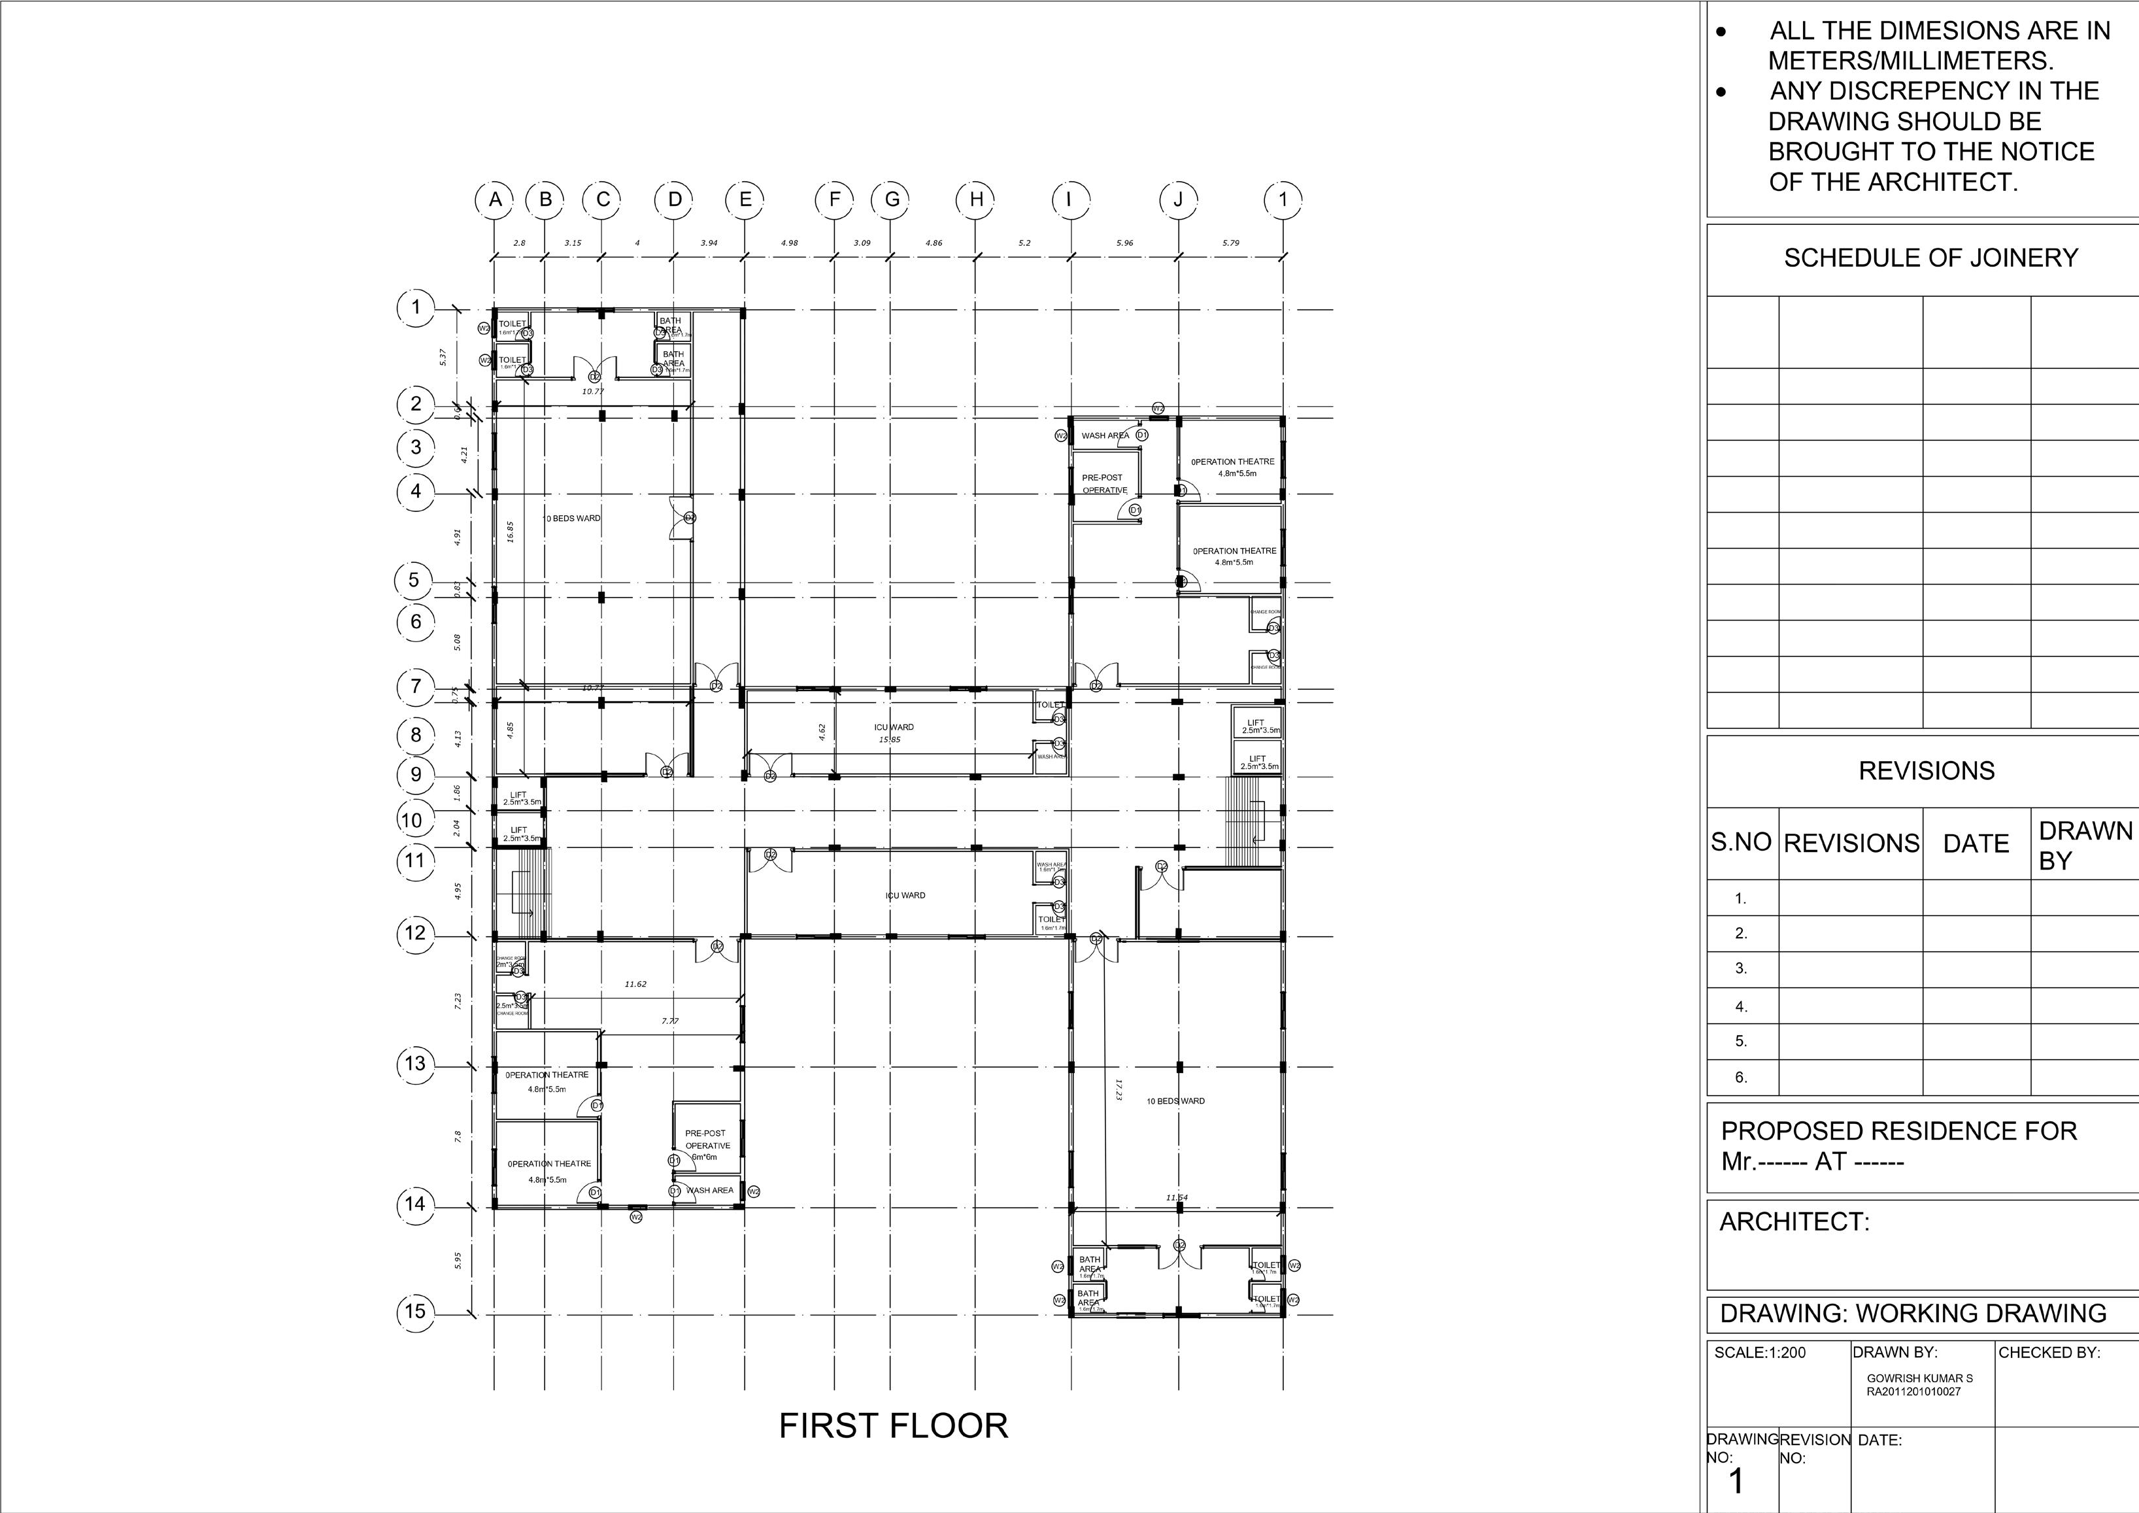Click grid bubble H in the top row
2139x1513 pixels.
pyautogui.click(x=976, y=199)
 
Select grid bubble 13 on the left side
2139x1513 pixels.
pyautogui.click(x=416, y=1063)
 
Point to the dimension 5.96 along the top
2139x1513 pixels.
pyautogui.click(x=1124, y=243)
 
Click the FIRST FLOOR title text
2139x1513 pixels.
pyautogui.click(x=892, y=1425)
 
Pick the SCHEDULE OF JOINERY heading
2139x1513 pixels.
pyautogui.click(x=1930, y=258)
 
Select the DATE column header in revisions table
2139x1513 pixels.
pyautogui.click(x=1976, y=844)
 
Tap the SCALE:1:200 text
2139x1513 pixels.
pyautogui.click(x=1760, y=1353)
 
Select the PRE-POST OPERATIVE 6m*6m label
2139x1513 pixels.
pyautogui.click(x=706, y=1145)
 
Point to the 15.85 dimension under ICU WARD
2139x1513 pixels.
pyautogui.click(x=890, y=739)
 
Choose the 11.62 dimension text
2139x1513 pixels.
pyautogui.click(x=635, y=984)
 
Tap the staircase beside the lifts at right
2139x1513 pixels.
pyautogui.click(x=1242, y=821)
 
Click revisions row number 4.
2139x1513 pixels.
pyautogui.click(x=1741, y=1007)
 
